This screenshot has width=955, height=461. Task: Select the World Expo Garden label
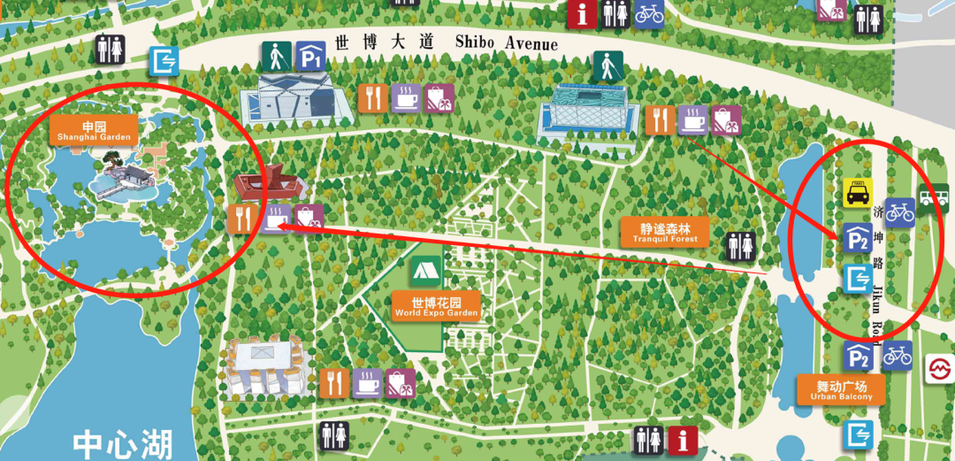tap(436, 306)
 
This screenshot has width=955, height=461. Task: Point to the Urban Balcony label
tap(841, 389)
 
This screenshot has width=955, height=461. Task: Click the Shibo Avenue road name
tap(446, 42)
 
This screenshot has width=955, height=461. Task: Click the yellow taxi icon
tap(856, 193)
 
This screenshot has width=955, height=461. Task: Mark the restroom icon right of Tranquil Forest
tap(739, 247)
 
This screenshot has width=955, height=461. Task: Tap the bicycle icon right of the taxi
tap(899, 211)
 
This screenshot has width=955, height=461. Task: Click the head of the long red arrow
tap(281, 227)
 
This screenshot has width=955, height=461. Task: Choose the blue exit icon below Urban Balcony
tap(858, 434)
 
